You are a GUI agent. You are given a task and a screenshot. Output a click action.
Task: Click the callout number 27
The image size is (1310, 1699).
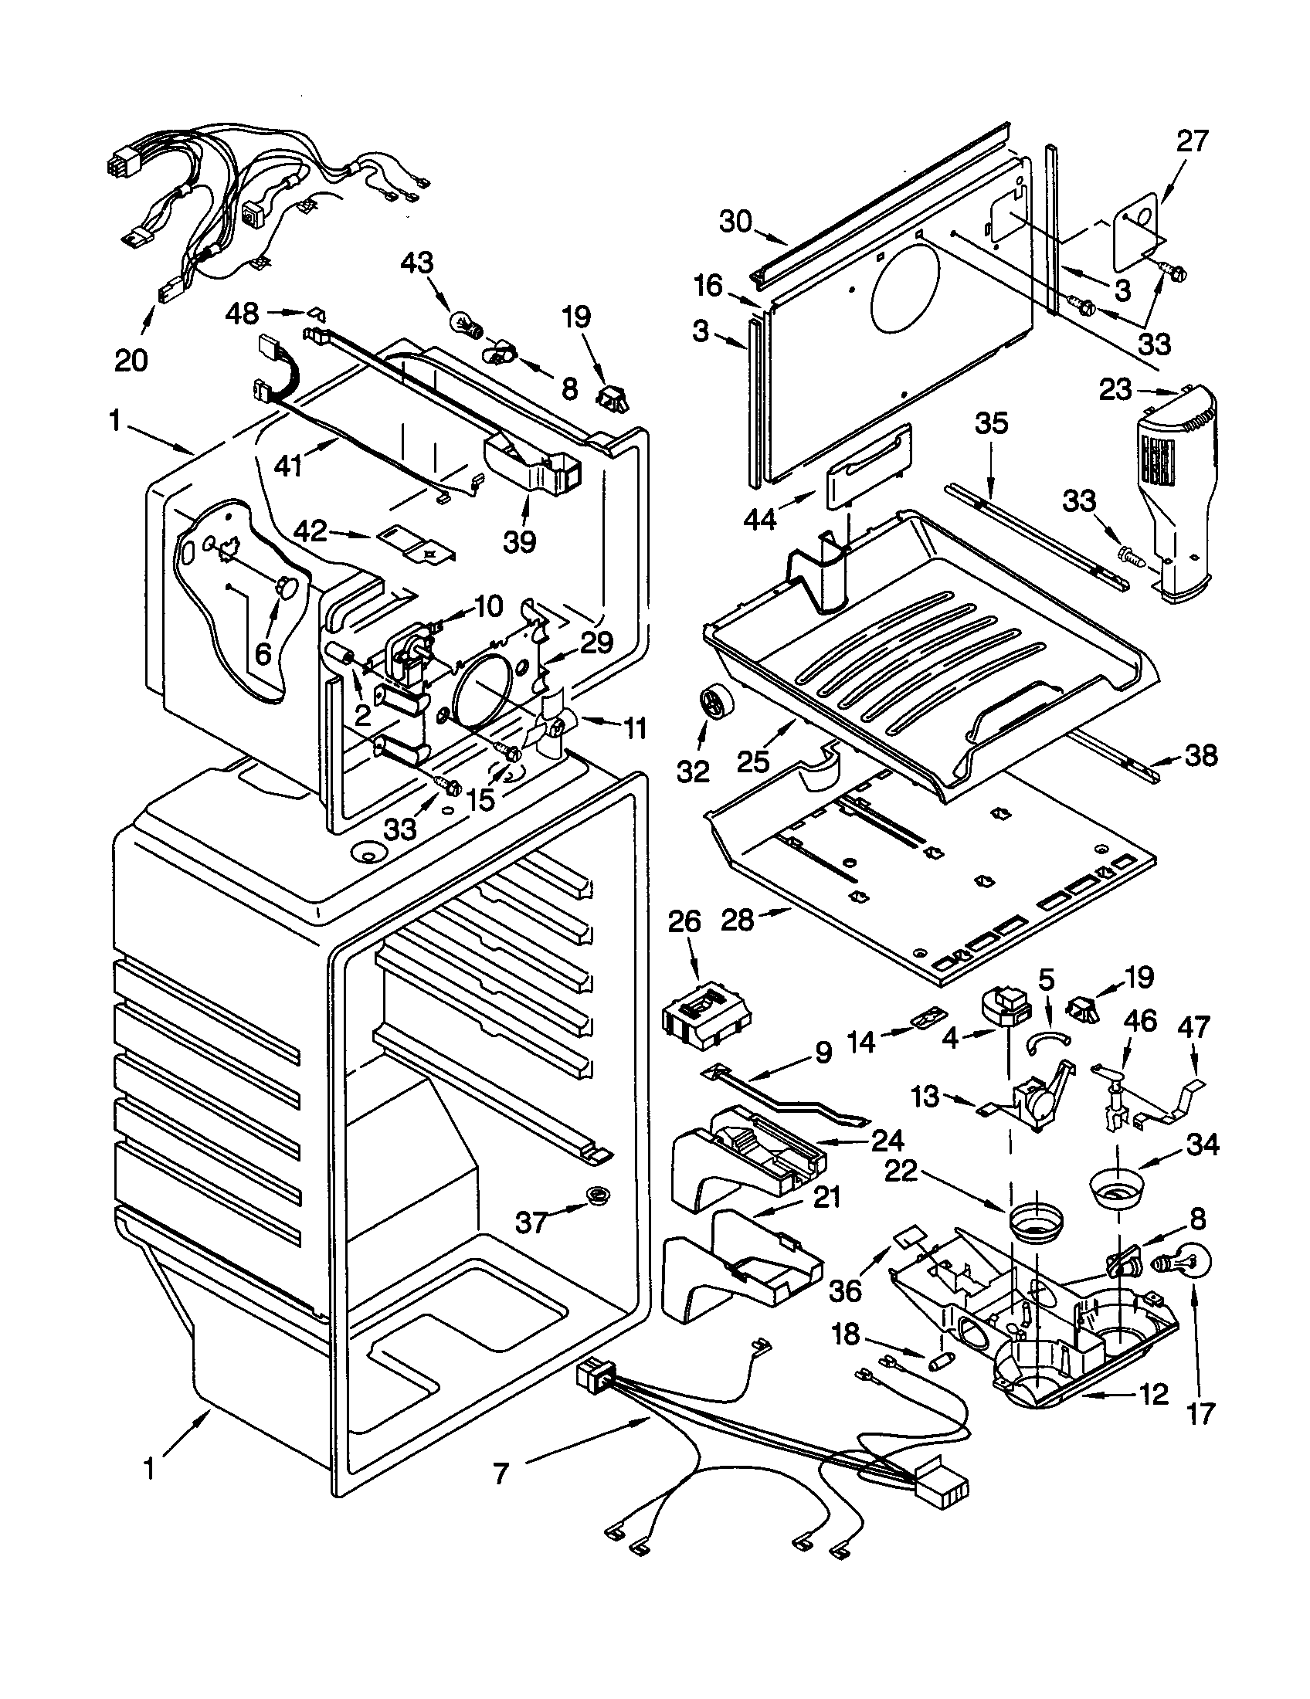click(1193, 141)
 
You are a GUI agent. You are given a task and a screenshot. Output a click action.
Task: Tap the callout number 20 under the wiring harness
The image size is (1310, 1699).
click(131, 360)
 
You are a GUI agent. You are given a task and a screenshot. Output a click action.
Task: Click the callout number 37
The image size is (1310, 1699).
click(533, 1223)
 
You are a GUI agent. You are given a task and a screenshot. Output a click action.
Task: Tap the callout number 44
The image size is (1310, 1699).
click(760, 517)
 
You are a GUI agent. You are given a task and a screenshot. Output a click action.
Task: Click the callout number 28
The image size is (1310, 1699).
click(738, 921)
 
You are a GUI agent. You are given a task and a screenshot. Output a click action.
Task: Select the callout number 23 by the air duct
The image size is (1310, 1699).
click(1115, 389)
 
